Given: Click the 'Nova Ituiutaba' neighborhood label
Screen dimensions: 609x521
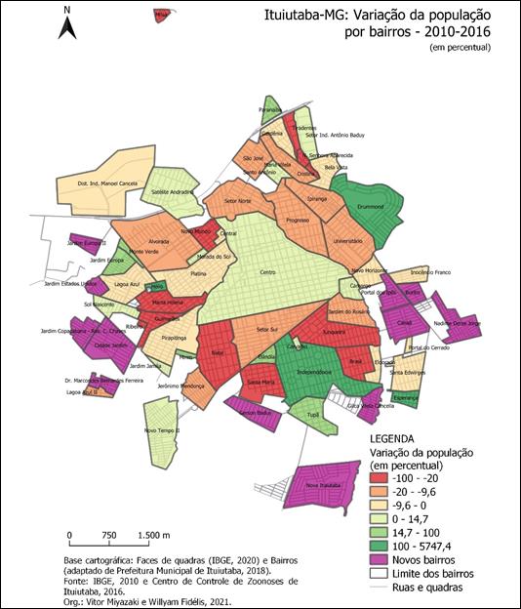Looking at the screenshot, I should click(x=323, y=484).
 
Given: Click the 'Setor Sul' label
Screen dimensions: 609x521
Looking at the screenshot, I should click(x=267, y=331).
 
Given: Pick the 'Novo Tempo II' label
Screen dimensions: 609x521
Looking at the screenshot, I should click(x=161, y=429).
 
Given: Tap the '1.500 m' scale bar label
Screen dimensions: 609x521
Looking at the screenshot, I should click(x=152, y=536).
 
